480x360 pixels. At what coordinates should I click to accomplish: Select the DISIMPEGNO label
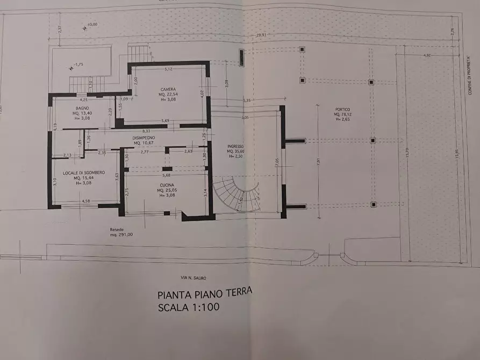pos(144,137)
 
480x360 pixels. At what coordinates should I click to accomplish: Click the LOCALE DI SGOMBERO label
pos(83,172)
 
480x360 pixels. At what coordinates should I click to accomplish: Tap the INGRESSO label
pos(235,146)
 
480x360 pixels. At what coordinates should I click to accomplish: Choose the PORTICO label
pos(342,109)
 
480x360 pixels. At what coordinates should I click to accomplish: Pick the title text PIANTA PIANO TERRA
pos(204,294)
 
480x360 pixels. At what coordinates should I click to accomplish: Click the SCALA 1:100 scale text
pos(189,308)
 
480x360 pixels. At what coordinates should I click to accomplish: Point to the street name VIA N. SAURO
pos(194,277)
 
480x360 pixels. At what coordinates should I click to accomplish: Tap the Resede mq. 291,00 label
pos(121,232)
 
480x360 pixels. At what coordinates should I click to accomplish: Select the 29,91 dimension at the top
pos(261,35)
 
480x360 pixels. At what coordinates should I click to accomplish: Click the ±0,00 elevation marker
pos(92,24)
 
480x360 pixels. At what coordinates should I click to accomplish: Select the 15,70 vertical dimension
pos(408,153)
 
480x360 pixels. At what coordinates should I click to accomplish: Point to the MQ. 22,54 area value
pos(168,94)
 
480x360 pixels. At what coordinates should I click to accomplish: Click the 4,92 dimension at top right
pos(427,55)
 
